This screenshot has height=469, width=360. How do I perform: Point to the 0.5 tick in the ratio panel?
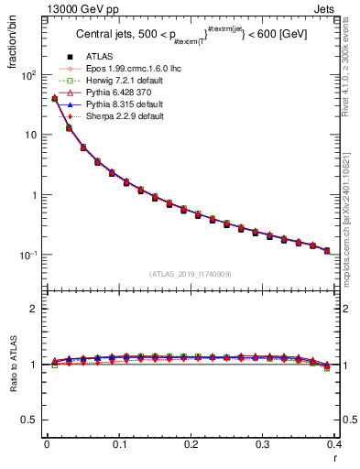point(29,420)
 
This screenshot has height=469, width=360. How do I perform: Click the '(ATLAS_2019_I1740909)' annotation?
point(191,274)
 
